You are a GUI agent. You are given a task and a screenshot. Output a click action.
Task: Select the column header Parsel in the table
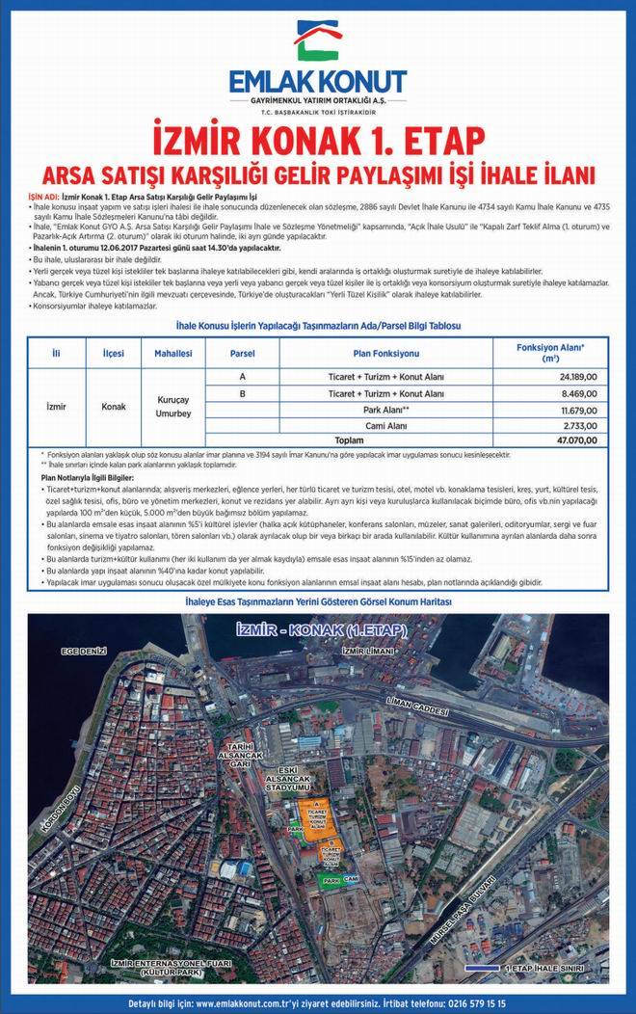pyautogui.click(x=242, y=354)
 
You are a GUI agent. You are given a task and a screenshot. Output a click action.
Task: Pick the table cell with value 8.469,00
pyautogui.click(x=579, y=393)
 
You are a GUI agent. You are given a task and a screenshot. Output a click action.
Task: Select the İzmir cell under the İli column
pyautogui.click(x=57, y=407)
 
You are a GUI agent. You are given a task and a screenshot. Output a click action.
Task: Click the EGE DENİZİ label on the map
pyautogui.click(x=82, y=653)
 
